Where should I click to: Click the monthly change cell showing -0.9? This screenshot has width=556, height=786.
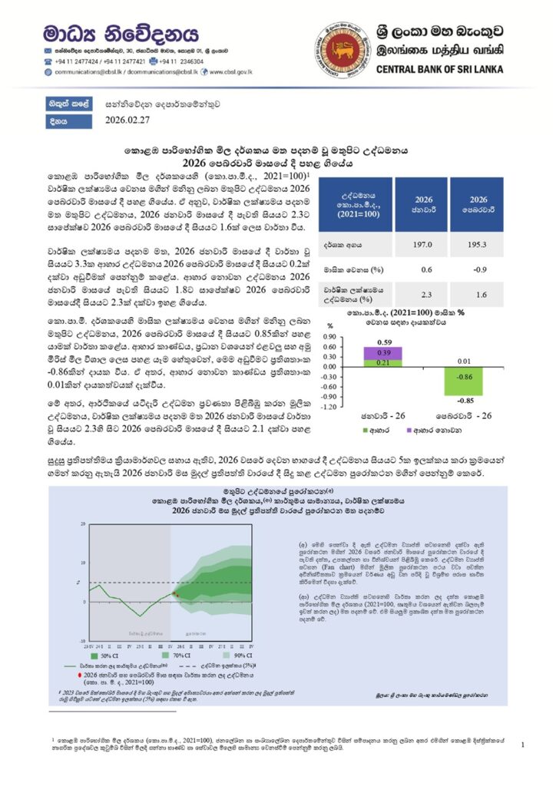point(479,269)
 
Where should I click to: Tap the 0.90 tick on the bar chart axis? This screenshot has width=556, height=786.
point(328,336)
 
